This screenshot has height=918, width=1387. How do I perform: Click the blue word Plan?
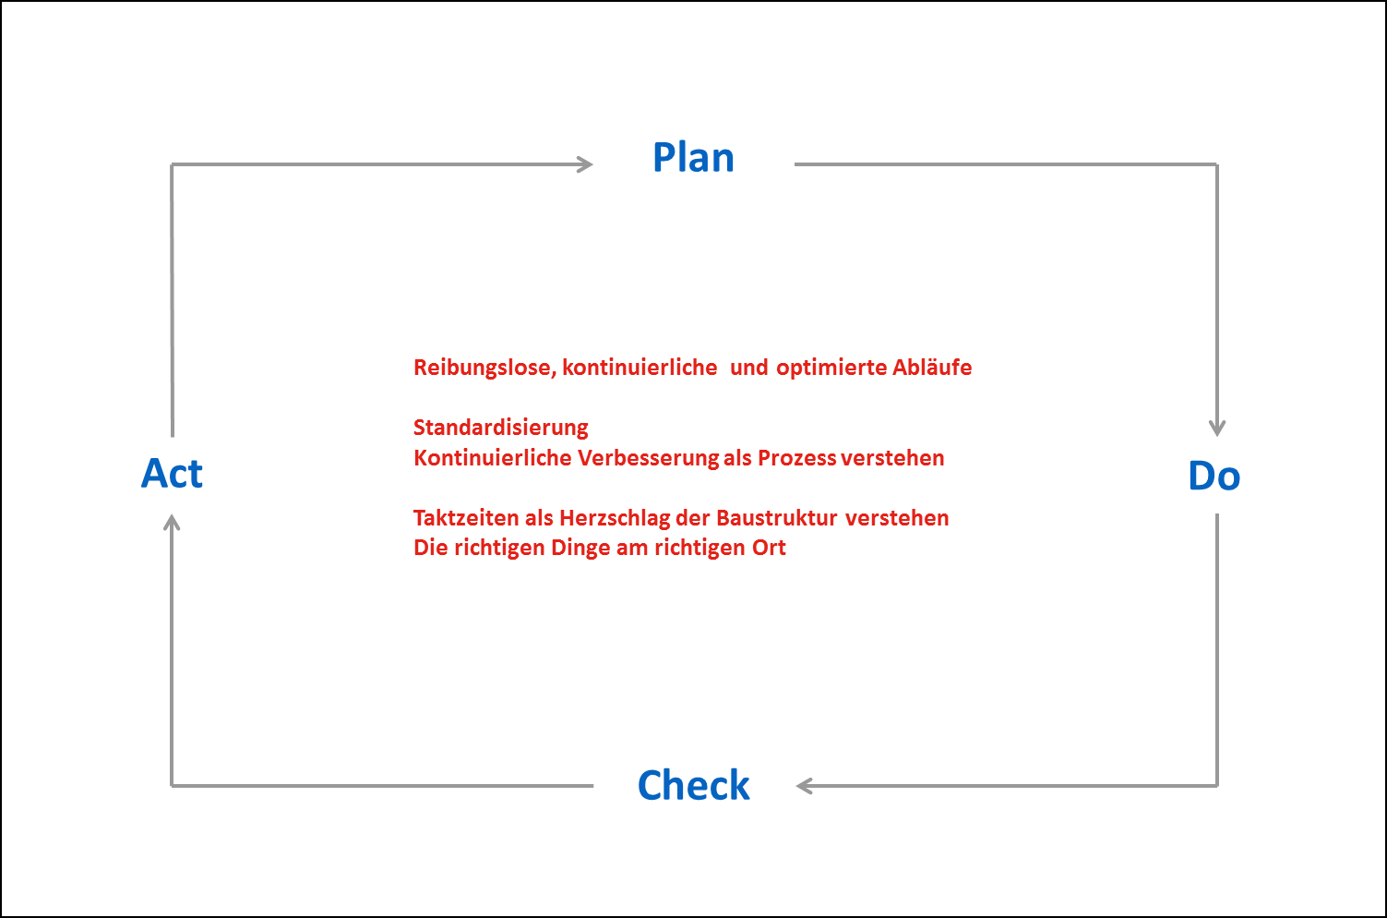[694, 157]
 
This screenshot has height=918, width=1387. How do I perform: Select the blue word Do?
[1214, 476]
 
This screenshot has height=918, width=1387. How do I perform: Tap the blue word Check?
[694, 785]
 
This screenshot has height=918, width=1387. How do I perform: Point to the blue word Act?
[172, 474]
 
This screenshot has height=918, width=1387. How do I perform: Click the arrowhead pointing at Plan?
[585, 164]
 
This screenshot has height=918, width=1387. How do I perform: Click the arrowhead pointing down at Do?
[1217, 429]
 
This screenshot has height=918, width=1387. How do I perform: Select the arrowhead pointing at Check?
[805, 786]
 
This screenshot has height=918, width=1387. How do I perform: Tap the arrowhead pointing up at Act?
[172, 523]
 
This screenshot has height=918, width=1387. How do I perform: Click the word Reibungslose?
[485, 368]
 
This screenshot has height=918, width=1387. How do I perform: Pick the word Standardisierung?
[501, 427]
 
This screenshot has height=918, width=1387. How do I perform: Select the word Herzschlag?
[615, 518]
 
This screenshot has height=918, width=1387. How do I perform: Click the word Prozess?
[797, 458]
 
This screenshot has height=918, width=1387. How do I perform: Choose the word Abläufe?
[932, 367]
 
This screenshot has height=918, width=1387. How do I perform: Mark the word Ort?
[769, 548]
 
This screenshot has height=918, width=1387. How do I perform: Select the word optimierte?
[831, 368]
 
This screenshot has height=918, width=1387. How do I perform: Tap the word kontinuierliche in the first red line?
[640, 368]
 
